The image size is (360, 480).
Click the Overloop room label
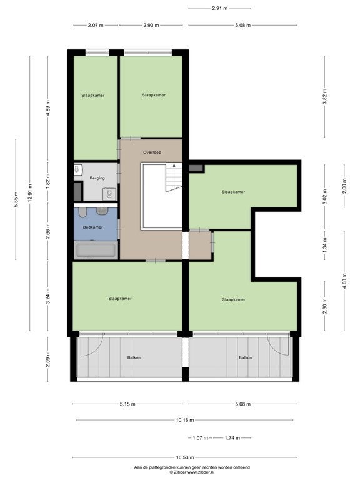[x=152, y=152]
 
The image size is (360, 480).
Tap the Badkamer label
[x=92, y=227]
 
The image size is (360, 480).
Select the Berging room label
[x=97, y=178]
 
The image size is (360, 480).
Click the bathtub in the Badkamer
[x=96, y=250]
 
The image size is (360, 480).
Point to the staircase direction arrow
[x=174, y=165]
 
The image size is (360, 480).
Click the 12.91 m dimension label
[x=30, y=194]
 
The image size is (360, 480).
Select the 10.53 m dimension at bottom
[x=185, y=457]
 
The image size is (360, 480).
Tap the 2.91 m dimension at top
[x=220, y=8]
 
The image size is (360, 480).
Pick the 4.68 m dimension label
[x=344, y=281]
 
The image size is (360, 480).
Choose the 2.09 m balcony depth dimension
[x=47, y=359]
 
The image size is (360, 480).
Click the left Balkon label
[x=134, y=357]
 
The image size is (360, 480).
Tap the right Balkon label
[x=245, y=357]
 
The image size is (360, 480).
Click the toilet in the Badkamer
[x=82, y=212]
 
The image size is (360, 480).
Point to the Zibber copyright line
[x=192, y=472]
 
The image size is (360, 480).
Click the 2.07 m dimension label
[x=96, y=26]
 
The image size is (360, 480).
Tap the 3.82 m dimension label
[x=325, y=96]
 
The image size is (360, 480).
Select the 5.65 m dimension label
[x=16, y=199]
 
